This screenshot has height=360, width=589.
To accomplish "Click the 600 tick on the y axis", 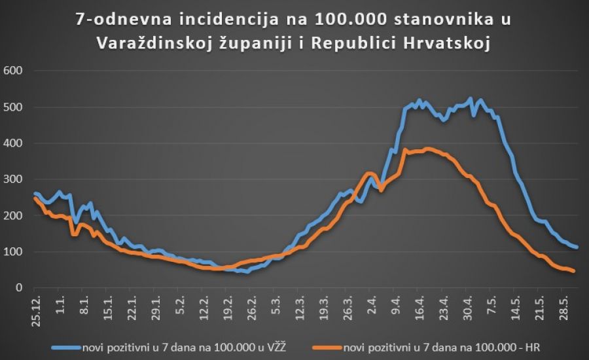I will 12,71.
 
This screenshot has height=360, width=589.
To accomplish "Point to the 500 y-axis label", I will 12,107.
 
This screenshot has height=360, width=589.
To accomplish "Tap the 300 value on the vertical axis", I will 12,179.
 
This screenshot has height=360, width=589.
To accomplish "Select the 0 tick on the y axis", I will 18,288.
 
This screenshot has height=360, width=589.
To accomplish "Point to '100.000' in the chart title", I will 353,20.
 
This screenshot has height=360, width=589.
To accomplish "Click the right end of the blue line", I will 577,247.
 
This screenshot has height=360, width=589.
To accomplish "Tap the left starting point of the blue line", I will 35,194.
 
